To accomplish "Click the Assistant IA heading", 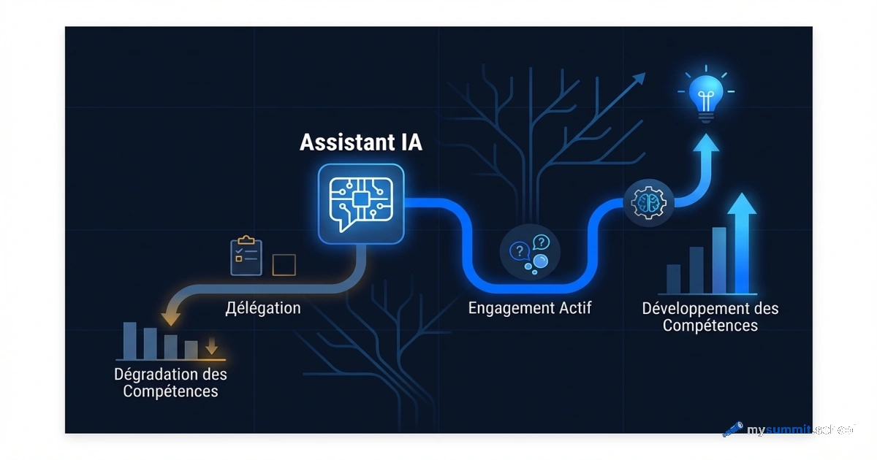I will coord(361,142).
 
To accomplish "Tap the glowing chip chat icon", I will coord(361,203).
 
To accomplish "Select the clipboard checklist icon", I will coord(246,256).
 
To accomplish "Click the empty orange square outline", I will coord(284,264).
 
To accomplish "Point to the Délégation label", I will coord(263,307).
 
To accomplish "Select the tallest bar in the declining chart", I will coord(130,340).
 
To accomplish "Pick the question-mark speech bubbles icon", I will coord(530,253).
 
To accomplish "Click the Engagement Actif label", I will coord(530,307).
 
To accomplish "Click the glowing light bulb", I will coord(705,95).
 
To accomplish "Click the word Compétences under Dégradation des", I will coord(170,392).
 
